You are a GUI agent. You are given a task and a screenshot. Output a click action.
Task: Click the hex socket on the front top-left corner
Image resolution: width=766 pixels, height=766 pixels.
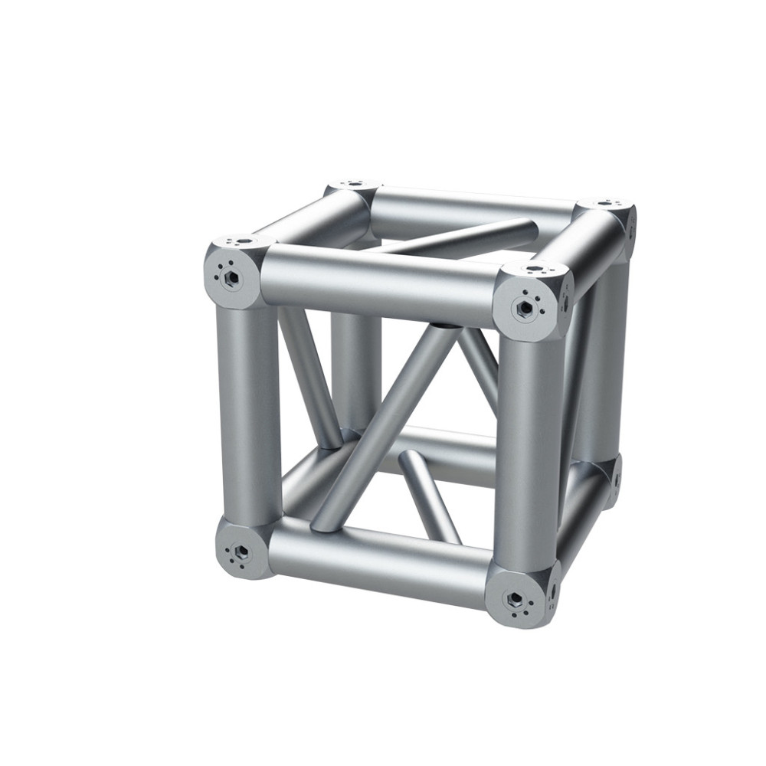coord(230,277)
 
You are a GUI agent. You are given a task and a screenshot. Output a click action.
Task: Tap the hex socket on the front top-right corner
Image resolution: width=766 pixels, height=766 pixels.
coord(525,308)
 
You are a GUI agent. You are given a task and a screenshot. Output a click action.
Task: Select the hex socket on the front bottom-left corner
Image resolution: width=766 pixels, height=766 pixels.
coord(241,552)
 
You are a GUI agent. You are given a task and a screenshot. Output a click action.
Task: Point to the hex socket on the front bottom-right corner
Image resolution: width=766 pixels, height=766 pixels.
coord(515,598)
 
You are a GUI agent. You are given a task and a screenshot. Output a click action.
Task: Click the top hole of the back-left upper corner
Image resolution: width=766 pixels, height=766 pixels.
coord(353,185)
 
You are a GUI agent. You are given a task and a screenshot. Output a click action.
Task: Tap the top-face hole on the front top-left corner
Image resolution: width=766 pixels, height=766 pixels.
coord(244,241)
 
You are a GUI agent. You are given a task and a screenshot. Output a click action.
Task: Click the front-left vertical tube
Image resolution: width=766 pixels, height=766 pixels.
coord(250,414)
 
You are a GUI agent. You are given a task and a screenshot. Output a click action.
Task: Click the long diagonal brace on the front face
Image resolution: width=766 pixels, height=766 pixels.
coord(383,429)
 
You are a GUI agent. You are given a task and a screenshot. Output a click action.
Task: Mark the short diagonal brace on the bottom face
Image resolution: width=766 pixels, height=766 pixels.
coord(429,494)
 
